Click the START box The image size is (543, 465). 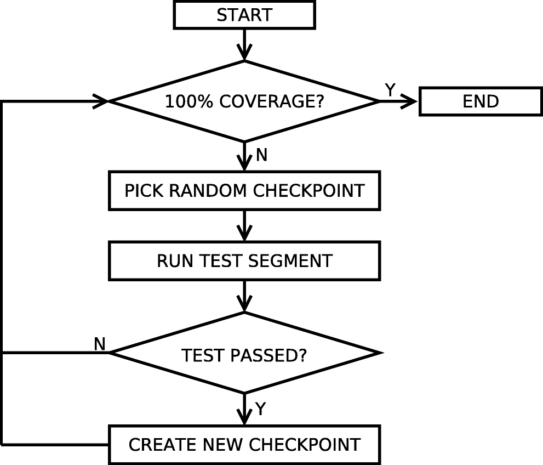click(244, 15)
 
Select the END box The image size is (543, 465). click(481, 101)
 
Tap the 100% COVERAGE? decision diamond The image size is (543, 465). click(244, 101)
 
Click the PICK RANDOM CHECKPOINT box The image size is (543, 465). click(244, 190)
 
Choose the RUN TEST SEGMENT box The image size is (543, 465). click(244, 260)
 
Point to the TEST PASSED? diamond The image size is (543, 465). click(244, 355)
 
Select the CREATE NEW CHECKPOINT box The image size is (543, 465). click(244, 444)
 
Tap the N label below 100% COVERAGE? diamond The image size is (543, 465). click(261, 156)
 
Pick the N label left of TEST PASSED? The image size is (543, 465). click(99, 344)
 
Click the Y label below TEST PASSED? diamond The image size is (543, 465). click(261, 409)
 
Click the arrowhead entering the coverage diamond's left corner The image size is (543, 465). click(102, 101)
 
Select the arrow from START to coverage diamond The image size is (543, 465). click(244, 44)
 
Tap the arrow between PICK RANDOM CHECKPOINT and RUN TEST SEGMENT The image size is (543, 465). click(244, 225)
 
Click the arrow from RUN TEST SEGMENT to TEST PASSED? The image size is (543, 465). click(244, 296)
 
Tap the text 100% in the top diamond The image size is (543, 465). click(186, 102)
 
